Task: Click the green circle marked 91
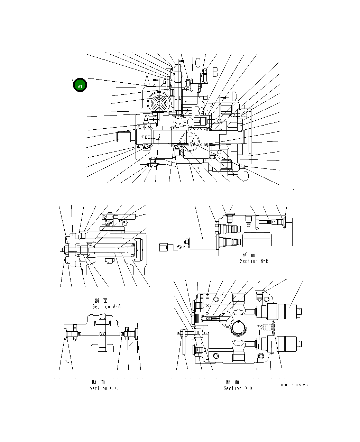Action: [x=80, y=86]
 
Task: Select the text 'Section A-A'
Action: [x=106, y=306]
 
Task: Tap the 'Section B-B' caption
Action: [x=254, y=261]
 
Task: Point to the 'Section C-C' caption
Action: [x=103, y=388]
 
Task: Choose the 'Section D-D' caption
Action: [x=238, y=388]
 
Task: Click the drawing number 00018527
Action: [x=295, y=385]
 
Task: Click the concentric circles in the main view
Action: [x=159, y=103]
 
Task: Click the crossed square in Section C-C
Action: [x=102, y=334]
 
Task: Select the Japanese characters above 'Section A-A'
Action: [x=101, y=301]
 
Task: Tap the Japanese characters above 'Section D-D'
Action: [x=233, y=382]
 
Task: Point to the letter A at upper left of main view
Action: [x=147, y=81]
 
